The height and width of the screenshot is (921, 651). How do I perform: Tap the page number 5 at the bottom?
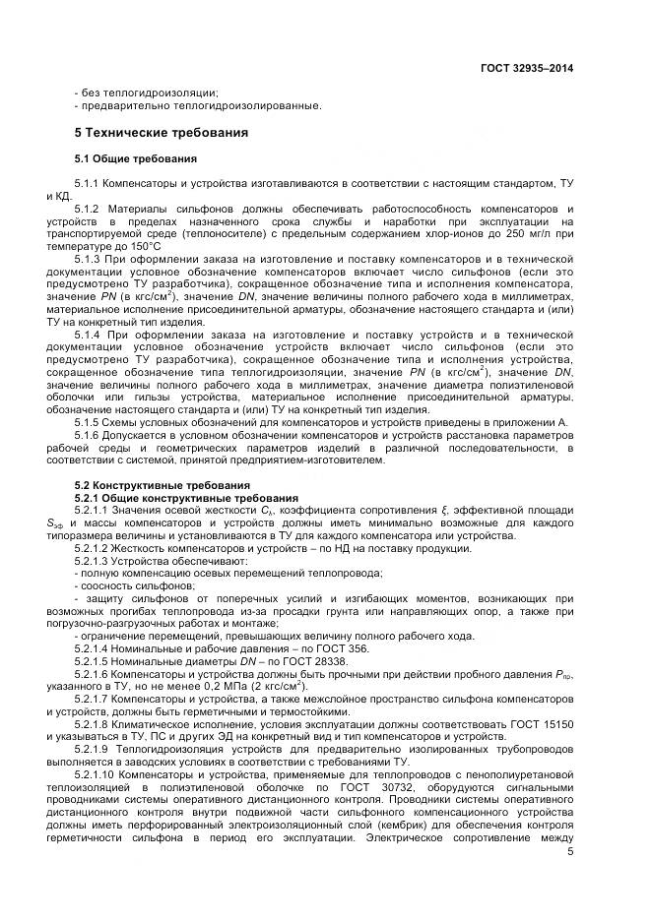pos(570,851)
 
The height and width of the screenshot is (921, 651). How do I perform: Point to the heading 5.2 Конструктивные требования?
pos(151,484)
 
